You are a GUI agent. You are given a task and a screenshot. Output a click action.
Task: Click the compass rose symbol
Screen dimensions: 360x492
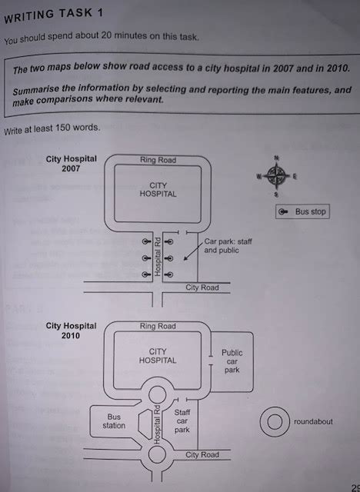(276, 176)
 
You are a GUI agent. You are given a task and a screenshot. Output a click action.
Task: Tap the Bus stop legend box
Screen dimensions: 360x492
(302, 211)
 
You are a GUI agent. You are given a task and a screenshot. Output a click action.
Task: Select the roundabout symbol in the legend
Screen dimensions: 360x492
(275, 422)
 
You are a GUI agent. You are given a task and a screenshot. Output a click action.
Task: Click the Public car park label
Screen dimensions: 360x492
(232, 361)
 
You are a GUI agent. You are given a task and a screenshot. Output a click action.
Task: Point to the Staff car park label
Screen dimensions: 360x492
(182, 421)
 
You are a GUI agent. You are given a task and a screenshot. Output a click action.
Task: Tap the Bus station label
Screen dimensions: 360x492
(114, 421)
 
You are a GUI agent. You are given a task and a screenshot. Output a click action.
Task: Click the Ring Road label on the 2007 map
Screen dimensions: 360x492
(158, 160)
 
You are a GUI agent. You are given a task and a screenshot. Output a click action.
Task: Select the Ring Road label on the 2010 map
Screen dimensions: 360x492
(158, 326)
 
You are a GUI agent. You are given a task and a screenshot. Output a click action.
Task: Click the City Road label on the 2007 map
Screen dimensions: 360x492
(202, 288)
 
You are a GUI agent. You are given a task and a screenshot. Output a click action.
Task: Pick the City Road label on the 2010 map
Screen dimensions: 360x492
(202, 454)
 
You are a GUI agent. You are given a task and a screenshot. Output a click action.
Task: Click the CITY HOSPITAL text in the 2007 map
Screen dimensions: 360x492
(158, 190)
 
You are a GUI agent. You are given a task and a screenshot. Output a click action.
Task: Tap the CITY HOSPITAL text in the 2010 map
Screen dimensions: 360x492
(158, 356)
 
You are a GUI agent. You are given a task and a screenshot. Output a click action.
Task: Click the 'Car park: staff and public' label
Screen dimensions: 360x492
(228, 246)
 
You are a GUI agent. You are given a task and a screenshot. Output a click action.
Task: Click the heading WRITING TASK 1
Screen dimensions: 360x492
(53, 16)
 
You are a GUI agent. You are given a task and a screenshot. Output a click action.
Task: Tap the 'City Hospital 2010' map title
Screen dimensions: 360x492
(72, 331)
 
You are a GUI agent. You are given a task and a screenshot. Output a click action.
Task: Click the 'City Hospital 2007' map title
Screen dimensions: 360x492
(72, 164)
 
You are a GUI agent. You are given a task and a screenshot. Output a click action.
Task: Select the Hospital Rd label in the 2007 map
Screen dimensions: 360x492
(158, 256)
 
